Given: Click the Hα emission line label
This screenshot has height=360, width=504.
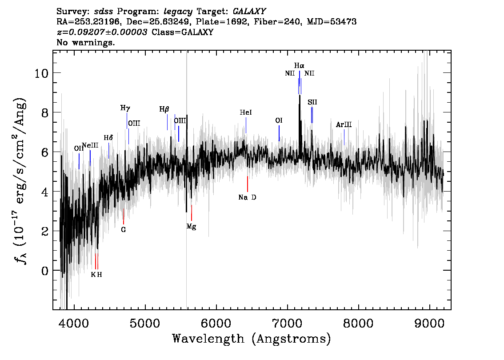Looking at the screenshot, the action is [299, 66].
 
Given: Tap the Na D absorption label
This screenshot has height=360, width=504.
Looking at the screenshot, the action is [247, 197].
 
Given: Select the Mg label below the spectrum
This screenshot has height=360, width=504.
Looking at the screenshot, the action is [191, 227].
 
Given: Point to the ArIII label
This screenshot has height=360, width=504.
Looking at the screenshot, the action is [344, 125].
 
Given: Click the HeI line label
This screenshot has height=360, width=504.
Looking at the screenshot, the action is [246, 112].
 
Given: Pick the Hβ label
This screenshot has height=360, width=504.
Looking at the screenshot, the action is [164, 110].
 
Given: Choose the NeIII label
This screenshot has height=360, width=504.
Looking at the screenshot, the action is [90, 145].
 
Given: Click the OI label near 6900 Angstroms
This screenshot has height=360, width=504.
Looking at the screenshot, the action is [279, 120].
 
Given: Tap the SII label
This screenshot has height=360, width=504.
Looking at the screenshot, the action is [312, 102].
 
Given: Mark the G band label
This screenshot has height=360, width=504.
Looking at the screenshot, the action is [124, 230].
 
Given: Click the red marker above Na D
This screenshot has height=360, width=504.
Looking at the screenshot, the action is [248, 184].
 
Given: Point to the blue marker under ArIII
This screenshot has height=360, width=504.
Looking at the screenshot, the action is [344, 137].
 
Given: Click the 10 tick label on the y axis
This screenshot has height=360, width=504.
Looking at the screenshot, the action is [41, 74].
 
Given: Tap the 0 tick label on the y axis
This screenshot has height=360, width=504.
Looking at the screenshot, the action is [45, 271].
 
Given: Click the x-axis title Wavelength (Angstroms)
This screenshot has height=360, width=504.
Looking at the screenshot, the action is [252, 339].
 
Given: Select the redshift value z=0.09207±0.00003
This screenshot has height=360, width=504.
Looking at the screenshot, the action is [102, 32].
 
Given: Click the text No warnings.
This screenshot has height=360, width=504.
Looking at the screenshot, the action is [85, 42].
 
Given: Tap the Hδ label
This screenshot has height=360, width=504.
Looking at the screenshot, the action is [108, 138].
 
